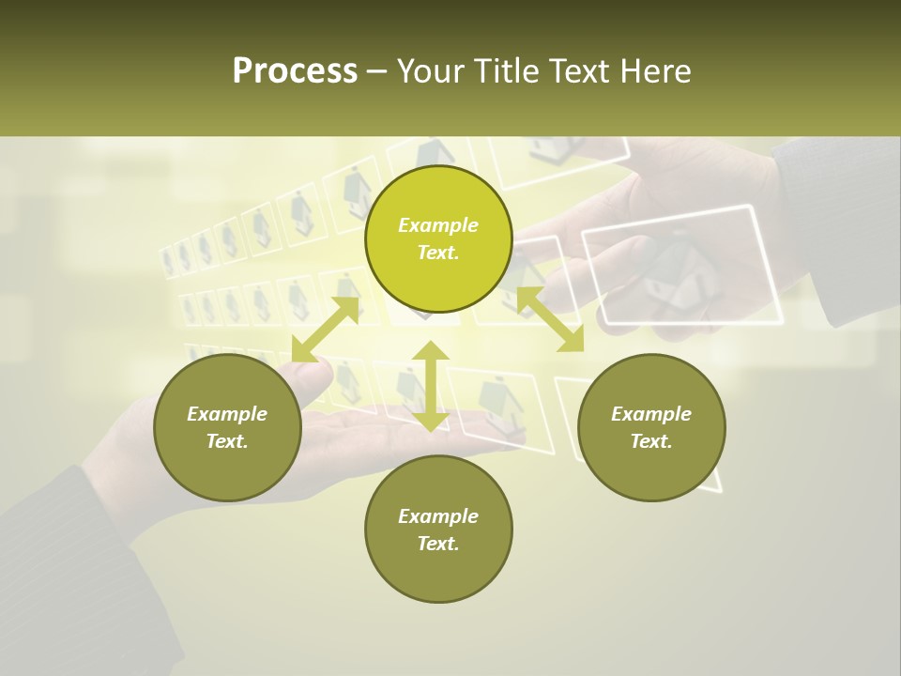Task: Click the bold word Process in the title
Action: pyautogui.click(x=295, y=71)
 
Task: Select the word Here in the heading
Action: pyautogui.click(x=656, y=71)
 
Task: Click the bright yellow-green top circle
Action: pyautogui.click(x=438, y=239)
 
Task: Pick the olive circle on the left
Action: pyautogui.click(x=227, y=427)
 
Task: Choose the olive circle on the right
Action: pyautogui.click(x=651, y=427)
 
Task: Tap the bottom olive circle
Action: pyautogui.click(x=438, y=530)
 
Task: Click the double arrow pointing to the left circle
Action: pyautogui.click(x=325, y=329)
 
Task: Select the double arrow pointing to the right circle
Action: pyautogui.click(x=550, y=319)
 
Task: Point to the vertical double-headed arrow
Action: pyautogui.click(x=431, y=386)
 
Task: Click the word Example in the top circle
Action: pyautogui.click(x=438, y=225)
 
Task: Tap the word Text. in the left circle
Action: pyautogui.click(x=227, y=441)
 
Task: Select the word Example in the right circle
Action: pyautogui.click(x=651, y=414)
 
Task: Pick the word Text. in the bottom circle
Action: pyautogui.click(x=438, y=544)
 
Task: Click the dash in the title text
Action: pyautogui.click(x=377, y=71)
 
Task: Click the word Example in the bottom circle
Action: pyautogui.click(x=438, y=516)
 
